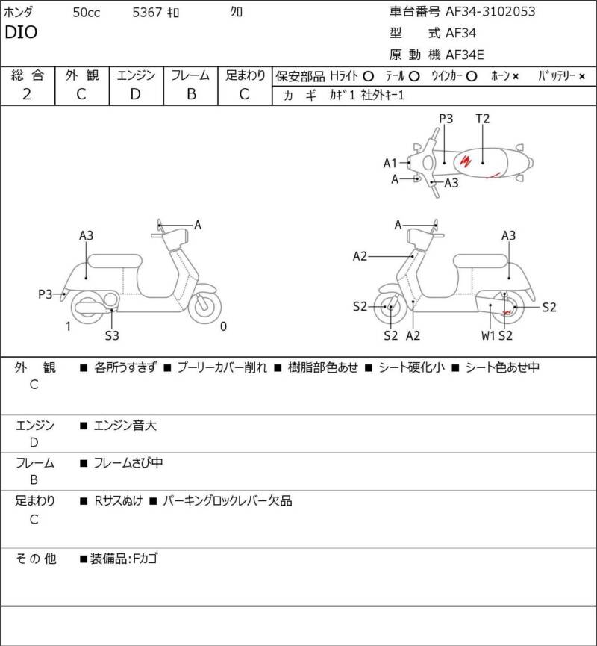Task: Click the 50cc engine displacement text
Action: (x=88, y=12)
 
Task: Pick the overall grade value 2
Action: (x=27, y=93)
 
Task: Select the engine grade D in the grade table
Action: (x=135, y=93)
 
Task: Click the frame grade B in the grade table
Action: (x=191, y=93)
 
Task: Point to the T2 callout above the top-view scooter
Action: (x=482, y=118)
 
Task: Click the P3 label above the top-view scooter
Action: (x=446, y=118)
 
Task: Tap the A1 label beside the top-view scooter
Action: (x=390, y=163)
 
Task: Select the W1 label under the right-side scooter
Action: (x=488, y=335)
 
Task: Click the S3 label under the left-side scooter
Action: (x=112, y=335)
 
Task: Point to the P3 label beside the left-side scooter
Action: (x=46, y=294)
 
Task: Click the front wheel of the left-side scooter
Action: (x=204, y=307)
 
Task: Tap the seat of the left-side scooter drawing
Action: (x=114, y=260)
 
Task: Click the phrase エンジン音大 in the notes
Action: (x=125, y=426)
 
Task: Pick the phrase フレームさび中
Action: (x=128, y=463)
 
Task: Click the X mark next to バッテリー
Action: (x=582, y=76)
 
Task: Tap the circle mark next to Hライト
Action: (x=367, y=76)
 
